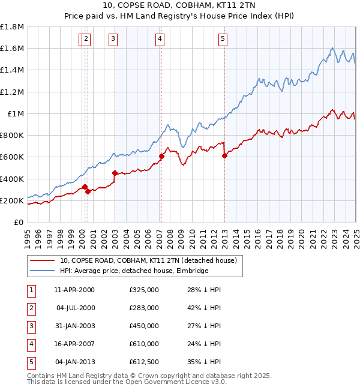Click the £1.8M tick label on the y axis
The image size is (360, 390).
click(x=12, y=27)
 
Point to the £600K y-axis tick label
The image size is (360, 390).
click(x=12, y=157)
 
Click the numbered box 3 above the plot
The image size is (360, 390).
click(x=113, y=40)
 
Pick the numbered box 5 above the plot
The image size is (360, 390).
click(x=223, y=40)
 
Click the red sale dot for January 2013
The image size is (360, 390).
click(x=224, y=155)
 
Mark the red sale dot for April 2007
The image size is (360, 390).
click(x=161, y=156)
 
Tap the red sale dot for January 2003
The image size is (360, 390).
click(x=115, y=173)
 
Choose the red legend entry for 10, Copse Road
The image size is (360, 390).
click(x=149, y=260)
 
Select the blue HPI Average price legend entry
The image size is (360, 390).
click(x=134, y=271)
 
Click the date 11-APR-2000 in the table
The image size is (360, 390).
click(x=74, y=290)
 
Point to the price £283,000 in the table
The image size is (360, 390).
click(x=144, y=308)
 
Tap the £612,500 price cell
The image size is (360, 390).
click(x=144, y=362)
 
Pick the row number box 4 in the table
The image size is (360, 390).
click(x=30, y=344)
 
